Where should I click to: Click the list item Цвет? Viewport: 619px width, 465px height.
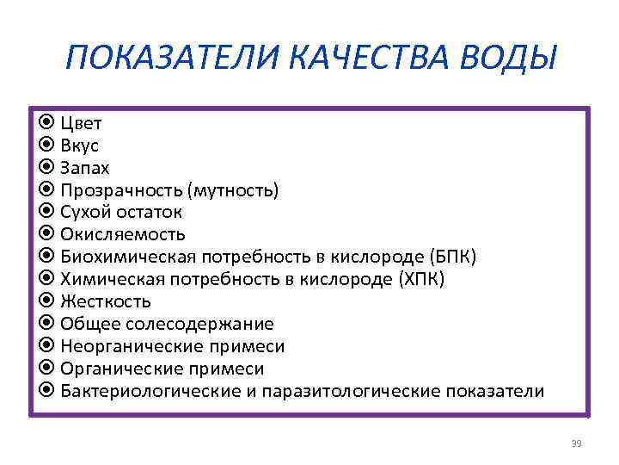81,122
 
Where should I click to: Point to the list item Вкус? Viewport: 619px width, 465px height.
80,145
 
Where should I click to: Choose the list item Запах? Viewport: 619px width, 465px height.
85,167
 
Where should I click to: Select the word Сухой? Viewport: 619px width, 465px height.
86,212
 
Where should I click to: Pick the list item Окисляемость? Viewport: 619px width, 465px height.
123,234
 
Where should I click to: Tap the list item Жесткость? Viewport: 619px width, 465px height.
106,301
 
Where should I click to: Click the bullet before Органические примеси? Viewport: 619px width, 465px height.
48,369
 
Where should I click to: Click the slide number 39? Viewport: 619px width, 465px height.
576,443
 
